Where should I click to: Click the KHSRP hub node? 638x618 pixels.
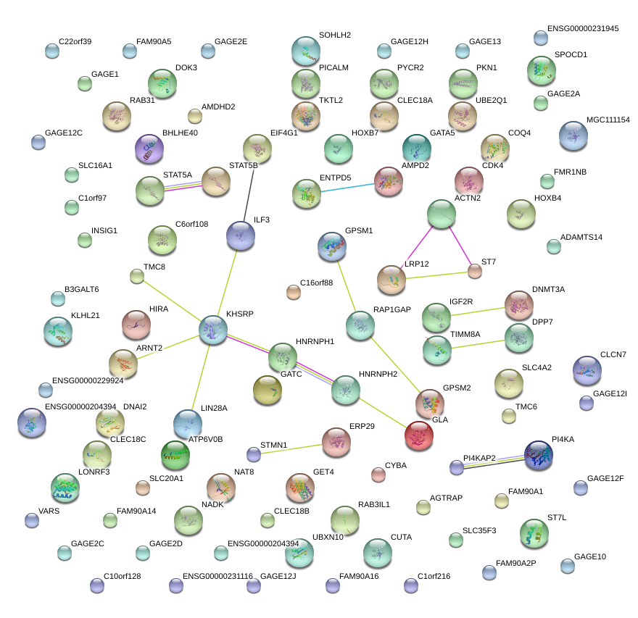pos(213,330)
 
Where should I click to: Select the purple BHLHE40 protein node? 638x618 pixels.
pos(149,149)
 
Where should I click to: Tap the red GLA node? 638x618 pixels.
pos(418,435)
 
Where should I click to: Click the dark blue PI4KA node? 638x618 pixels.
pos(538,454)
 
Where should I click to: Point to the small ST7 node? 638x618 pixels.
pos(474,272)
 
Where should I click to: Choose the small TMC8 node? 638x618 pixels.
pos(137,275)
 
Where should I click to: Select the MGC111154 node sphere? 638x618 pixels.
pos(573,135)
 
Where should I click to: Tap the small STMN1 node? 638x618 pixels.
pos(253,454)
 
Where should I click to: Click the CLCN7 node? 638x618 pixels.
pos(587,370)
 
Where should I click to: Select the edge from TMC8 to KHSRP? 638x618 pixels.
pos(174,302)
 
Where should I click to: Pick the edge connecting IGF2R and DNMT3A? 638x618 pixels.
pos(476,312)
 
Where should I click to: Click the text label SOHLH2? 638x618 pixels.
pos(335,35)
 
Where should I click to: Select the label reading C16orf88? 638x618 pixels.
pos(316,283)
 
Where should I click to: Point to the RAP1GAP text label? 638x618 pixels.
pos(391,309)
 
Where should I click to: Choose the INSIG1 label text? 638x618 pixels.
pos(104,230)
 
